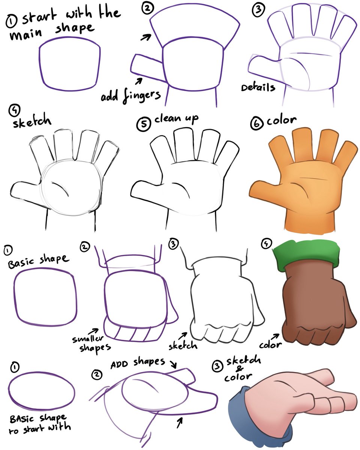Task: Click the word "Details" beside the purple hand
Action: (x=258, y=87)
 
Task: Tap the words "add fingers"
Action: (x=130, y=96)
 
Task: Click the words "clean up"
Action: (x=176, y=119)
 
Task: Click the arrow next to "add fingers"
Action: (x=139, y=80)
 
